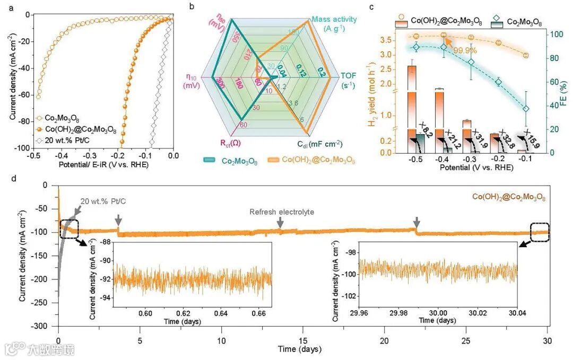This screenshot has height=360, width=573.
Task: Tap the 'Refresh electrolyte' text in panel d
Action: coord(282,212)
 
